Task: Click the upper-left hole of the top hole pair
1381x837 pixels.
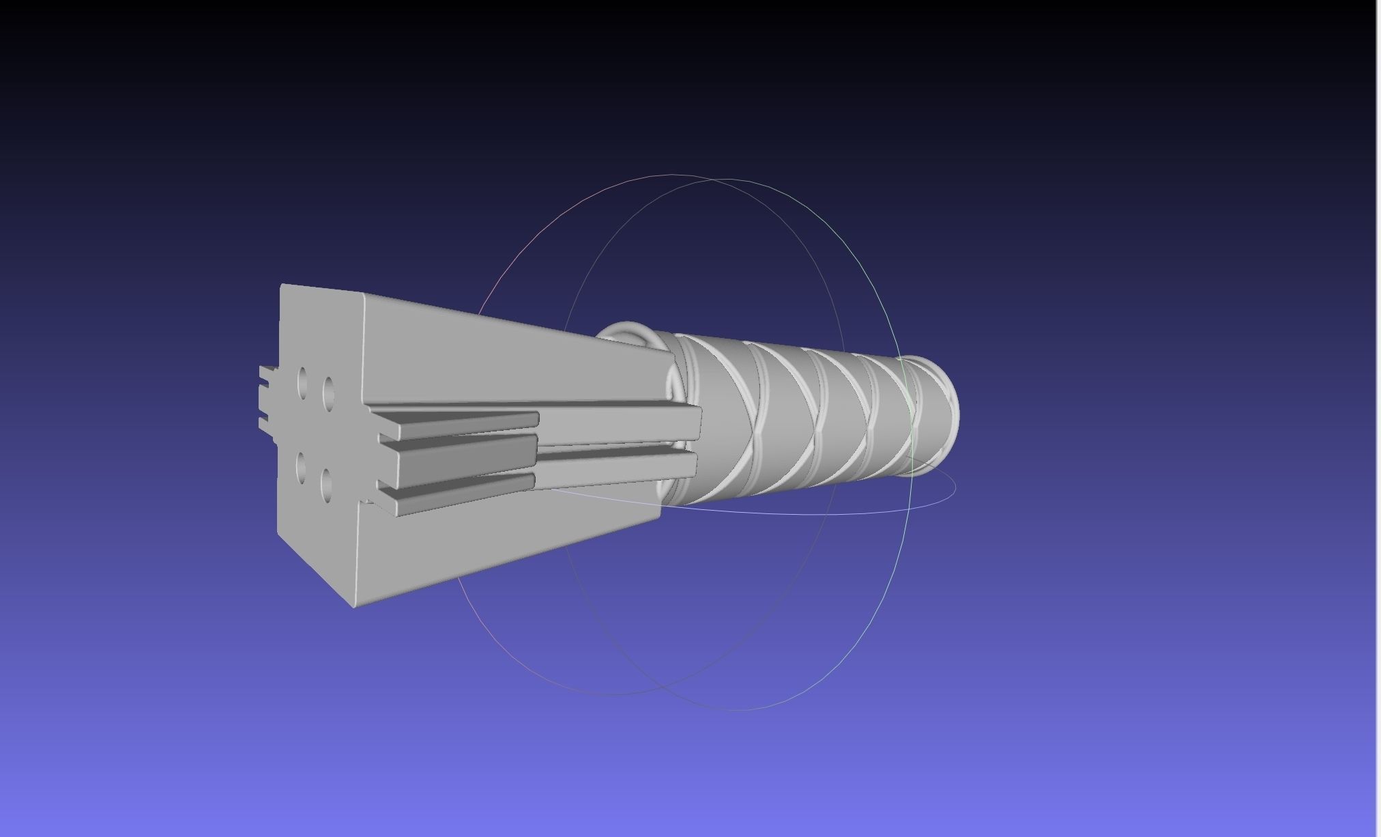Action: [x=302, y=382]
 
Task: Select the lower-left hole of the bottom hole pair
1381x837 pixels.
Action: [x=302, y=467]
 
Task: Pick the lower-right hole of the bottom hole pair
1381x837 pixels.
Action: [x=326, y=483]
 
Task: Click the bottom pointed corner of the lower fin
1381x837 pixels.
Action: [x=354, y=604]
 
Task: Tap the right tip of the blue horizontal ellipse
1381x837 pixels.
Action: [x=955, y=486]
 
